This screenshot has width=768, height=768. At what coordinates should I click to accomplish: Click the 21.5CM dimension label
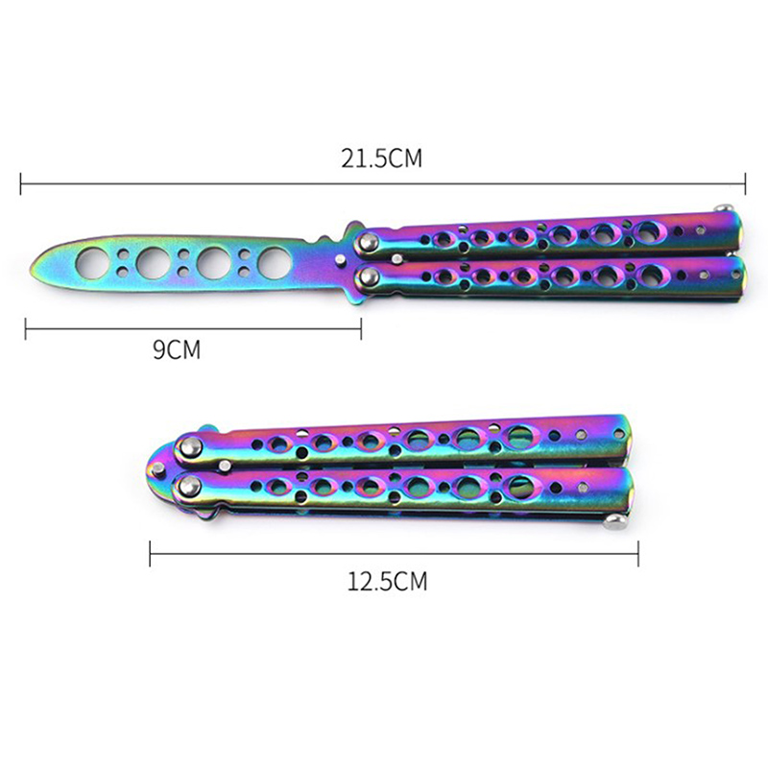pos(381,158)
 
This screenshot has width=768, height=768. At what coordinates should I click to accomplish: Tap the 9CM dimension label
pos(177,349)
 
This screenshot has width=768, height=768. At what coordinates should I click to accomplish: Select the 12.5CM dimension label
pos(387,582)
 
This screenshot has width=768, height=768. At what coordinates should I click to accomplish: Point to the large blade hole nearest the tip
pos(91,262)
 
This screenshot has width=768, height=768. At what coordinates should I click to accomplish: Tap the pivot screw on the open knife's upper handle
pos(367,241)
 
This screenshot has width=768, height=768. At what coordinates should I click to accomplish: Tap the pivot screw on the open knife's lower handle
pos(367,278)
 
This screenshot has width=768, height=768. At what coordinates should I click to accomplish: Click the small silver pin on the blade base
pos(340,260)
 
